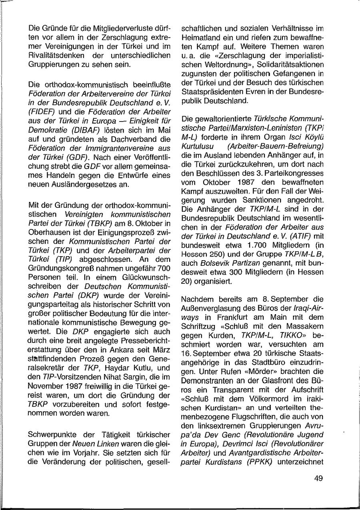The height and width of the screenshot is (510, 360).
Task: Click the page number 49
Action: pos(318,478)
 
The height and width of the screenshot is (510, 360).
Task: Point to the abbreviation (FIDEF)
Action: pos(42,112)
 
